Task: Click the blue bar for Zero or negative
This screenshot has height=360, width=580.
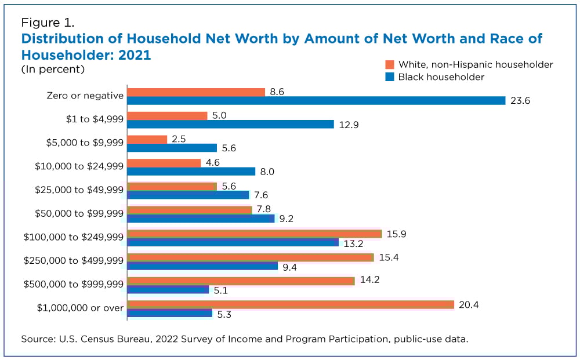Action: click(316, 100)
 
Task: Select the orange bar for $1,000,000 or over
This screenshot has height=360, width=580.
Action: click(290, 304)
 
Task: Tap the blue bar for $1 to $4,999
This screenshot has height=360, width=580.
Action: click(230, 124)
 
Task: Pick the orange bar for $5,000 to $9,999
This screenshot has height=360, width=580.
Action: click(147, 139)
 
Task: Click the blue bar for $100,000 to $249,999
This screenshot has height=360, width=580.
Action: click(233, 242)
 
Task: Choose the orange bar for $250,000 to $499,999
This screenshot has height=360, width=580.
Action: click(250, 257)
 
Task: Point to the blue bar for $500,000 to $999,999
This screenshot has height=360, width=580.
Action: click(168, 289)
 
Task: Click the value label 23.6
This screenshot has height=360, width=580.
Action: click(520, 101)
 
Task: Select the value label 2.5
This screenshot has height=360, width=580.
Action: click(179, 139)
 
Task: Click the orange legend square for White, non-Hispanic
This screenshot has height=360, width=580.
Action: click(389, 64)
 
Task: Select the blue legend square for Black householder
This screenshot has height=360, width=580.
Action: click(389, 77)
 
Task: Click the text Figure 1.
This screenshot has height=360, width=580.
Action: click(48, 23)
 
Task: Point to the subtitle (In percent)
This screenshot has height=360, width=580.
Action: click(53, 69)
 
